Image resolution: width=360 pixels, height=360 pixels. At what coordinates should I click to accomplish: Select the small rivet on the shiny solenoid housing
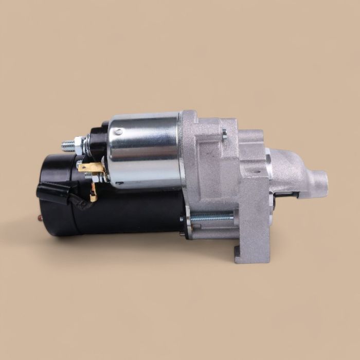click(x=119, y=132)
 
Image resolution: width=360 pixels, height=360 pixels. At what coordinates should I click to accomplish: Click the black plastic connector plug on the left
click(x=51, y=192)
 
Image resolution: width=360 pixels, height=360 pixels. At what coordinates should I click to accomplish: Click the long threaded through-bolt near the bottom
click(x=211, y=218)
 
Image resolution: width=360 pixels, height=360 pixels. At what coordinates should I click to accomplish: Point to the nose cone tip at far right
click(x=322, y=181)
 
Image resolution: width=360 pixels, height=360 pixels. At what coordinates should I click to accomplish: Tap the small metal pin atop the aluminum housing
click(x=225, y=135)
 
